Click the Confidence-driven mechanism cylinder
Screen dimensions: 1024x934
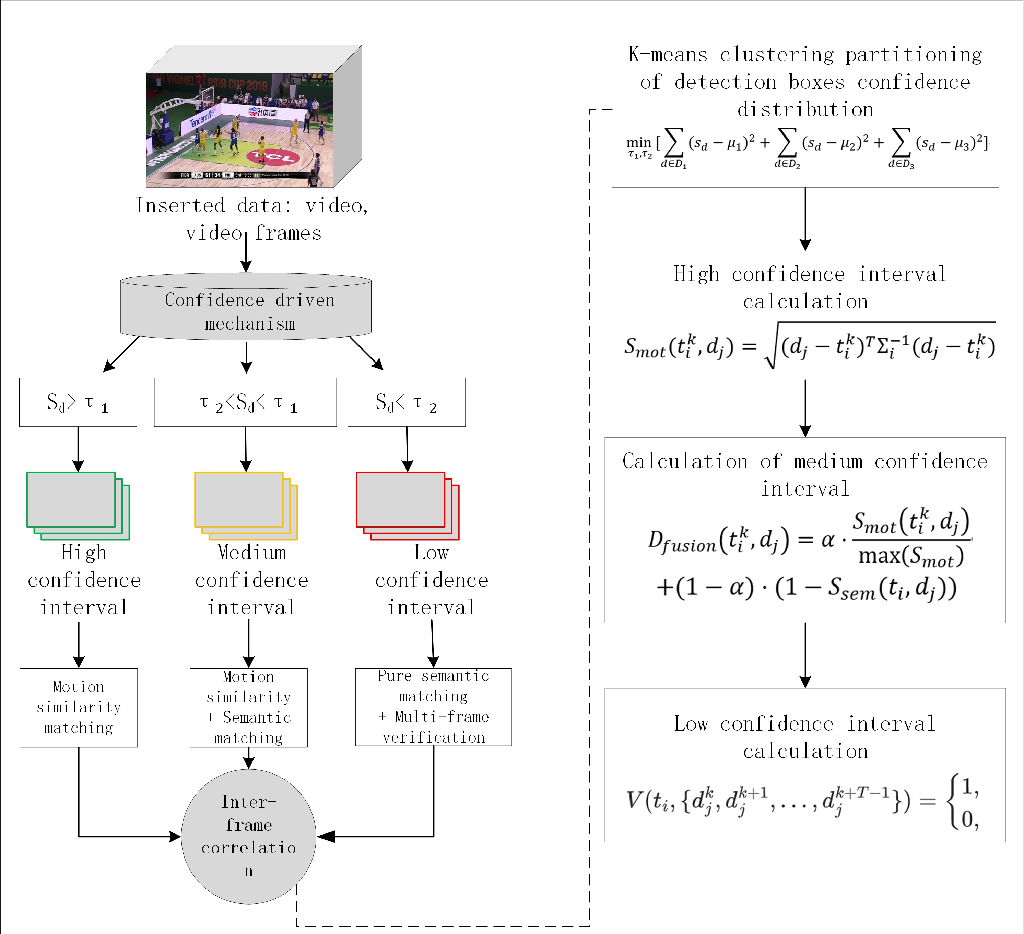pyautogui.click(x=246, y=307)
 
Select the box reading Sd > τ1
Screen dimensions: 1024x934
pyautogui.click(x=78, y=402)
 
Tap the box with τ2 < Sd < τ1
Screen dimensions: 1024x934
pyautogui.click(x=245, y=402)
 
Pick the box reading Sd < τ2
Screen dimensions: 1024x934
pyautogui.click(x=407, y=402)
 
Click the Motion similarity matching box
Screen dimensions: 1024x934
pyautogui.click(x=79, y=708)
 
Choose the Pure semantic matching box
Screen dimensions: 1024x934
pyautogui.click(x=434, y=707)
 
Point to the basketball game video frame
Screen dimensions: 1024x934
pyautogui.click(x=240, y=130)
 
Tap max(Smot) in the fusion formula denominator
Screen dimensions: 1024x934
pyautogui.click(x=911, y=556)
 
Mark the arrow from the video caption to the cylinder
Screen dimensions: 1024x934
pyautogui.click(x=246, y=251)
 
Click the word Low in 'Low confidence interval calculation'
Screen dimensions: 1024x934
pyautogui.click(x=691, y=723)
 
